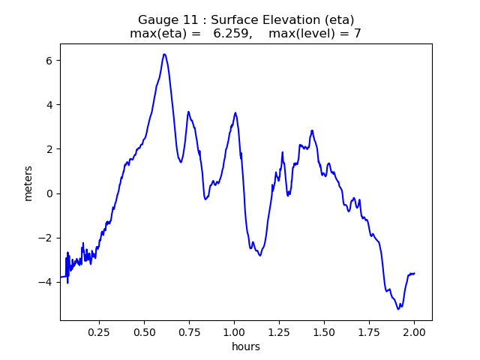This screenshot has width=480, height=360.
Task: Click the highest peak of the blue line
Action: pos(164,54)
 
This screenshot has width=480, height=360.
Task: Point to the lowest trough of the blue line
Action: pos(399,309)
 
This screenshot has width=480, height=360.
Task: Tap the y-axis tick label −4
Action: pos(47,282)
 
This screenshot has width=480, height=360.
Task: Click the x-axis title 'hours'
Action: pos(246,346)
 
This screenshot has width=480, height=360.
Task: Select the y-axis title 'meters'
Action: pos(28,182)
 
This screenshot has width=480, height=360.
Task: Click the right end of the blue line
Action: pos(415,273)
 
